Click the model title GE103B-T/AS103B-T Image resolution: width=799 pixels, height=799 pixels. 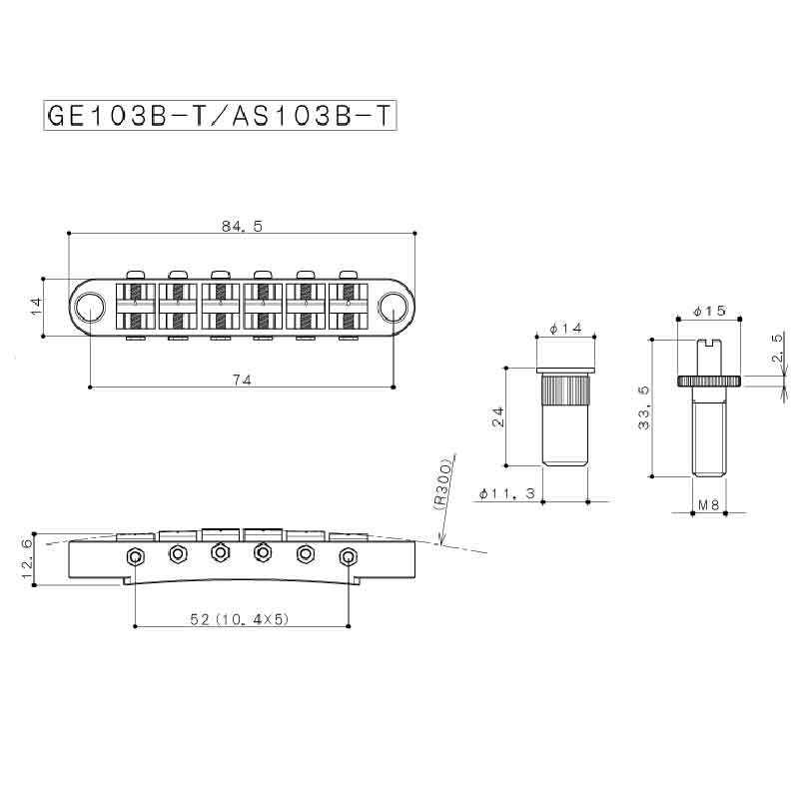(x=220, y=116)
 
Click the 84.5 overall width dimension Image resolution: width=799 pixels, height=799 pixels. (x=242, y=227)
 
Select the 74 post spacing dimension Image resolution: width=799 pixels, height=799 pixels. (x=242, y=380)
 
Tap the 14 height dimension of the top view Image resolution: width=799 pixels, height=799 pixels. (x=36, y=307)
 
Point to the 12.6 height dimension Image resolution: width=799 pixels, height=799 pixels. (x=28, y=559)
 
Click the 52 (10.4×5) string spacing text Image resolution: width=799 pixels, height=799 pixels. (x=240, y=619)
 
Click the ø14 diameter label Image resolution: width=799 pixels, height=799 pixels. (x=566, y=329)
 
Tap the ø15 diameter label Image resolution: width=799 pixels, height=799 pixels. (x=710, y=311)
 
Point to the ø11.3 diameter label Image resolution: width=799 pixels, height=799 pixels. (x=507, y=493)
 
